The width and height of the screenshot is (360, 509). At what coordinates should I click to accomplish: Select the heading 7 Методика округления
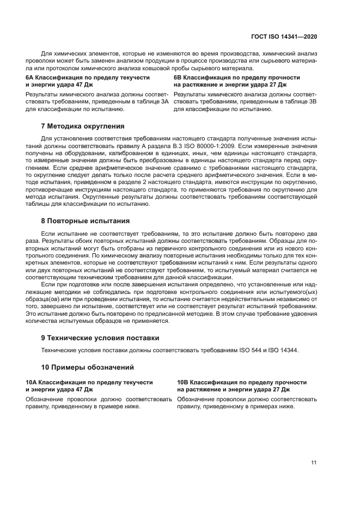pyautogui.click(x=83, y=126)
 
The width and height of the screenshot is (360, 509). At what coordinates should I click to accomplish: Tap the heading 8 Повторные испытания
pyautogui.click(x=85, y=221)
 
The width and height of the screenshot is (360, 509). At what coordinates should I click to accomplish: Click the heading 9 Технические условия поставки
pyautogui.click(x=100, y=338)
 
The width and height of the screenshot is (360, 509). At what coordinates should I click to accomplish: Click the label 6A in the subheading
pyautogui.click(x=30, y=78)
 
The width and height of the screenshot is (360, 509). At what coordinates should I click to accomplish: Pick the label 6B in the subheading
pyautogui.click(x=178, y=78)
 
